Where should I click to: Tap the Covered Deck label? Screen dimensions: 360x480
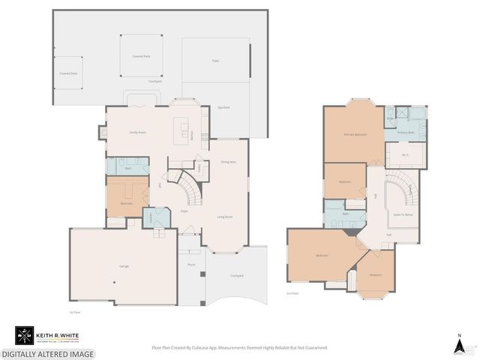[69, 73]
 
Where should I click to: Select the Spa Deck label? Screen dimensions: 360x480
[223, 107]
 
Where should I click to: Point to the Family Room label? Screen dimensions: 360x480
[138, 132]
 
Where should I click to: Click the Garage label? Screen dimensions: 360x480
[124, 266]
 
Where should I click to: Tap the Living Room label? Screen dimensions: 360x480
[224, 217]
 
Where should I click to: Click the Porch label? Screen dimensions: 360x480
[191, 265]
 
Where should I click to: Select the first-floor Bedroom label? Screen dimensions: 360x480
[128, 202]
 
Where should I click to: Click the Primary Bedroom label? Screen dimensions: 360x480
[355, 135]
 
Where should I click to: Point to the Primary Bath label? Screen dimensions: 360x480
[406, 132]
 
